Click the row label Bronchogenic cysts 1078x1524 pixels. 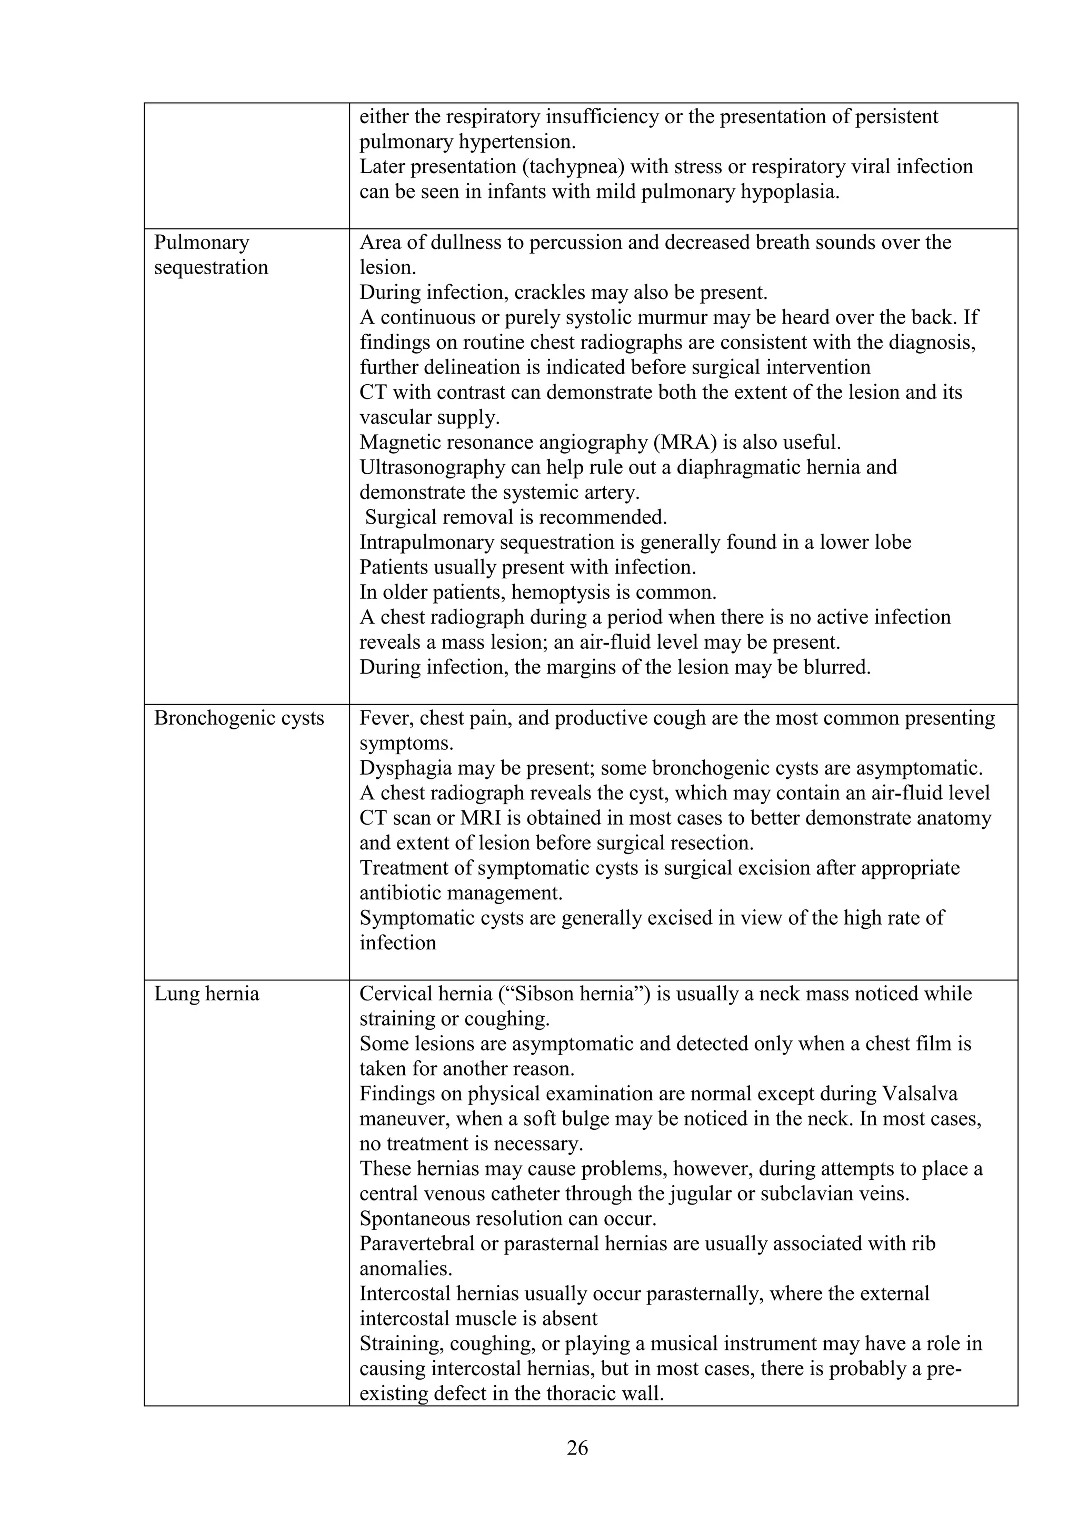click(239, 718)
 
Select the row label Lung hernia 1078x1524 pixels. click(206, 994)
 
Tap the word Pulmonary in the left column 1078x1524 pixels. click(201, 242)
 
